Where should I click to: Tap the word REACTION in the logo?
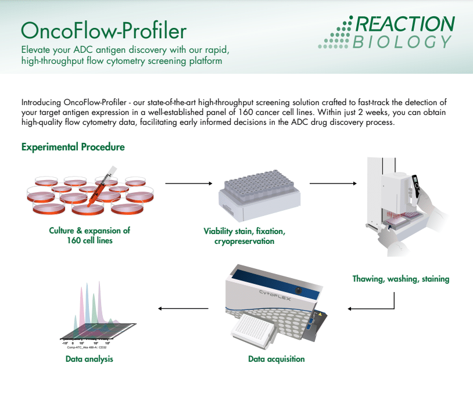pos(405,24)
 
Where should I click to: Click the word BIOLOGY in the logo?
pos(403,42)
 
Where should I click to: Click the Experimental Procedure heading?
pos(73,147)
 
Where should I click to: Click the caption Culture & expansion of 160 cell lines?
pos(89,235)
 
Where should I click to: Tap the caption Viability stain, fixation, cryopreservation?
pos(244,236)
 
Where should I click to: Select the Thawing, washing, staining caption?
pos(401,279)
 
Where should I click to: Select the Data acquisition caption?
pos(276,359)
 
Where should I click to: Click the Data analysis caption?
pos(89,359)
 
